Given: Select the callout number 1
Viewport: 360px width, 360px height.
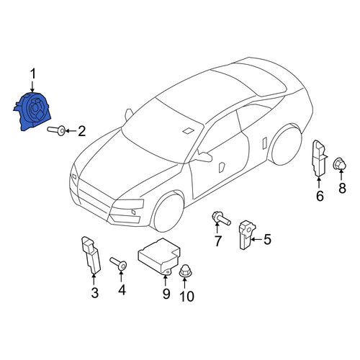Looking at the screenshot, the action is [32, 73].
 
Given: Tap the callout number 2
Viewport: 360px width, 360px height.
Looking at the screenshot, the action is [82, 131].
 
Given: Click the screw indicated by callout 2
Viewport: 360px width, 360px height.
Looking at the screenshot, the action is [56, 130].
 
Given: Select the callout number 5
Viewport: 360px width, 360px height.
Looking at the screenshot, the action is [267, 239].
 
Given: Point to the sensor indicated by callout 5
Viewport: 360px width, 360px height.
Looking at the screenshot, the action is [247, 235].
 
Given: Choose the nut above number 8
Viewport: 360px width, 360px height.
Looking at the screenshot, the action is [340, 163].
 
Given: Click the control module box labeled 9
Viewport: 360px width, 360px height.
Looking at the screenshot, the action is [159, 257].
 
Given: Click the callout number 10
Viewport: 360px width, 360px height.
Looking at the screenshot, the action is [187, 297].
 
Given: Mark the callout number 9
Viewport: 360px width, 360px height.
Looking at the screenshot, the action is [166, 294].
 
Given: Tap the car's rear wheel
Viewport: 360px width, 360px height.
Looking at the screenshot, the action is [286, 145].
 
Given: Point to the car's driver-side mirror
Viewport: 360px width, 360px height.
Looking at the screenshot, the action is [203, 157].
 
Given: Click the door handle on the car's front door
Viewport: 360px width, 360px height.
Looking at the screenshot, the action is [222, 167].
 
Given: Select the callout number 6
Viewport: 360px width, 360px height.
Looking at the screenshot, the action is [320, 196].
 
